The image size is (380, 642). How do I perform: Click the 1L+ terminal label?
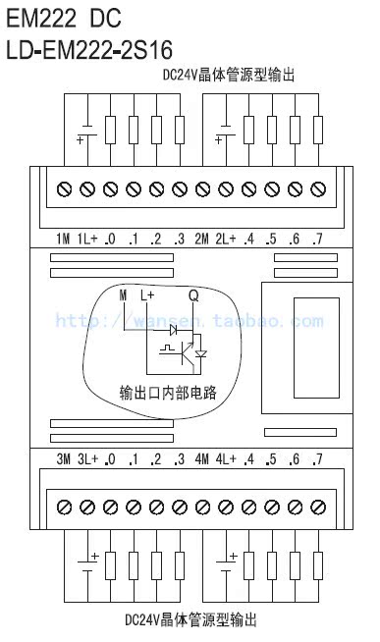click(86, 239)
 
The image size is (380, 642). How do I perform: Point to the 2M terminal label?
click(202, 239)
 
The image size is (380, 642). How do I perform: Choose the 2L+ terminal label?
click(226, 239)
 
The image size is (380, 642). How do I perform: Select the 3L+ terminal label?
click(86, 459)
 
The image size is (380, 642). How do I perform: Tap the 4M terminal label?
click(202, 459)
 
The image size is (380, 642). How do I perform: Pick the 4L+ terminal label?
click(226, 459)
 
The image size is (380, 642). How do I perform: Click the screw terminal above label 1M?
click(65, 188)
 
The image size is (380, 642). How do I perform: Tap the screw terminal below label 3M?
click(65, 507)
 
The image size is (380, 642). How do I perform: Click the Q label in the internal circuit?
click(193, 294)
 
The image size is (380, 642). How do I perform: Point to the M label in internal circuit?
click(124, 294)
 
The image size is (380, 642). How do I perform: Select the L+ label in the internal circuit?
click(147, 294)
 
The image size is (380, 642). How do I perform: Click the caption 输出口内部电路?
click(167, 394)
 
